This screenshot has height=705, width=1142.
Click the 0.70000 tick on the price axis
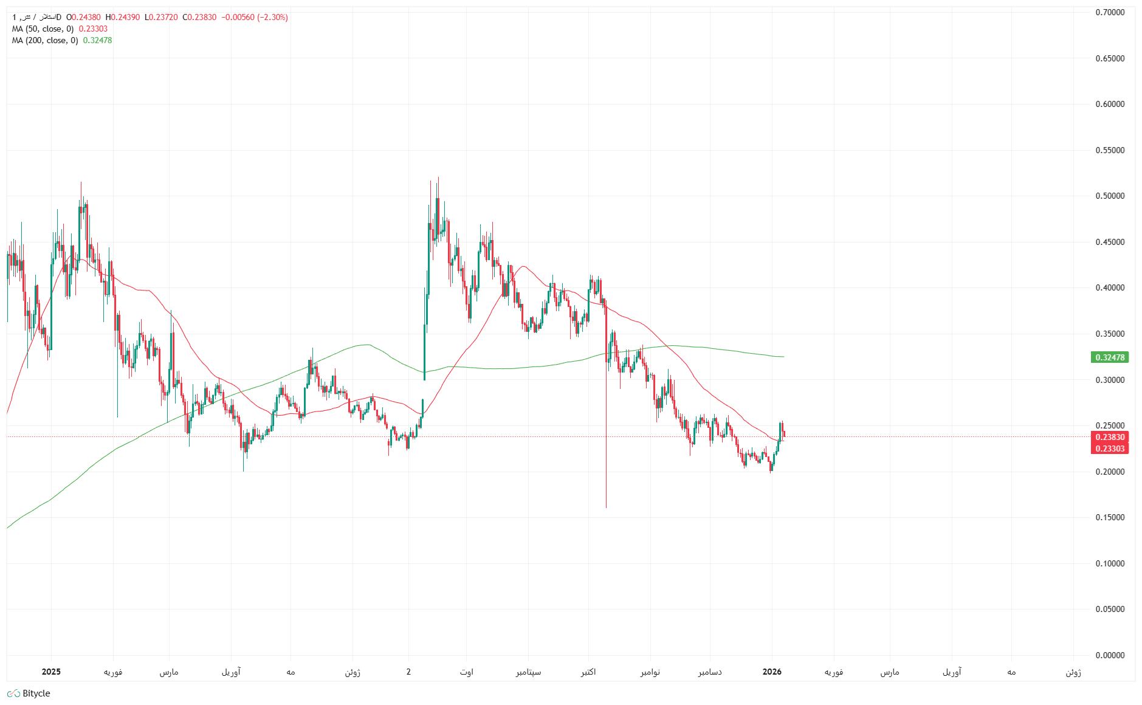(x=1110, y=12)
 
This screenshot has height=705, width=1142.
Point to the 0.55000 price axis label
(x=1110, y=150)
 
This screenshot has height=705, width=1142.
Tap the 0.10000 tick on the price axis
(x=1110, y=563)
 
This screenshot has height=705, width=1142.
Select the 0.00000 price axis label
(x=1110, y=655)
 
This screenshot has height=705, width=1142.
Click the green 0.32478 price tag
(x=1110, y=357)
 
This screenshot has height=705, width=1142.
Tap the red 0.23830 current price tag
(x=1110, y=437)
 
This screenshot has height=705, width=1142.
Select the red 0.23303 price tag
(x=1110, y=449)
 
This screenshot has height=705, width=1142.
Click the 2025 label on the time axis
(x=51, y=672)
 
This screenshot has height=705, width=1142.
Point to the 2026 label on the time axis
(x=772, y=672)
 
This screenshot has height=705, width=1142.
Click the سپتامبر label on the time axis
(x=528, y=672)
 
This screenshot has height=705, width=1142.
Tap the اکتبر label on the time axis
(x=588, y=672)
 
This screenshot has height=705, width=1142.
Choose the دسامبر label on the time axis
(x=709, y=672)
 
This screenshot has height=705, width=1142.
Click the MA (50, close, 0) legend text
(x=43, y=29)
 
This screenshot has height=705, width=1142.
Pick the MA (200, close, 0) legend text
(x=45, y=40)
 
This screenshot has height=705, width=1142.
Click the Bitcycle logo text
(x=36, y=693)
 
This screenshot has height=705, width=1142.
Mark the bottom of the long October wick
(x=606, y=507)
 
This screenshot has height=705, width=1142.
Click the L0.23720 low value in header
(x=161, y=17)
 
